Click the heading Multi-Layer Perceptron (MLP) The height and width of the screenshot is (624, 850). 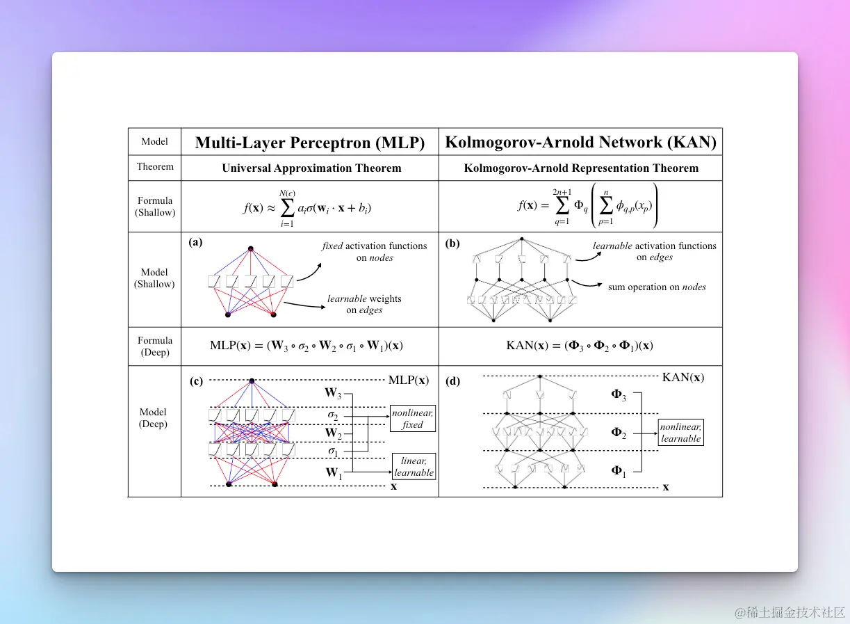(x=310, y=143)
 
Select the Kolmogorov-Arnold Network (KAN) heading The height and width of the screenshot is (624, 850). (x=580, y=142)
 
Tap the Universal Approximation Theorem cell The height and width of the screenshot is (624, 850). (x=311, y=168)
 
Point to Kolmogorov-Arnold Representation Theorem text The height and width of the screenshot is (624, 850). (x=581, y=168)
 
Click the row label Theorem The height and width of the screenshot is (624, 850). (x=155, y=166)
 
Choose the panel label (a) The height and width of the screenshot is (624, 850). (x=195, y=242)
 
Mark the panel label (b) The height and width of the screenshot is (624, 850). (x=452, y=243)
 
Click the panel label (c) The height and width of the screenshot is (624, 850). (x=196, y=381)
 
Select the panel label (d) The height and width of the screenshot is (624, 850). (x=452, y=381)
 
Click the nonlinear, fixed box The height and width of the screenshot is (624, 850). (x=412, y=419)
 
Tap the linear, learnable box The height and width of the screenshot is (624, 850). (x=414, y=466)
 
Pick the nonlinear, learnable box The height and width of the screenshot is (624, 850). (x=680, y=432)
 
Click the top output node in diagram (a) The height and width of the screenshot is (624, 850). (x=251, y=249)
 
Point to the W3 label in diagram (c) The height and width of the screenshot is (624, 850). (x=333, y=393)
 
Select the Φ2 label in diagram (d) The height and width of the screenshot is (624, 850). (x=618, y=433)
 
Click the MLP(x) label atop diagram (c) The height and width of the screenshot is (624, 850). (x=409, y=380)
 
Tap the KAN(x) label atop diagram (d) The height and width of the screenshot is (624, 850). (x=683, y=377)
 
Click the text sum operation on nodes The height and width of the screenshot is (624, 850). (x=657, y=287)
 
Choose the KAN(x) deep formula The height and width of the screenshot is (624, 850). (x=580, y=346)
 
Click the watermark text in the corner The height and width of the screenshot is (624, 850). (x=790, y=612)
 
